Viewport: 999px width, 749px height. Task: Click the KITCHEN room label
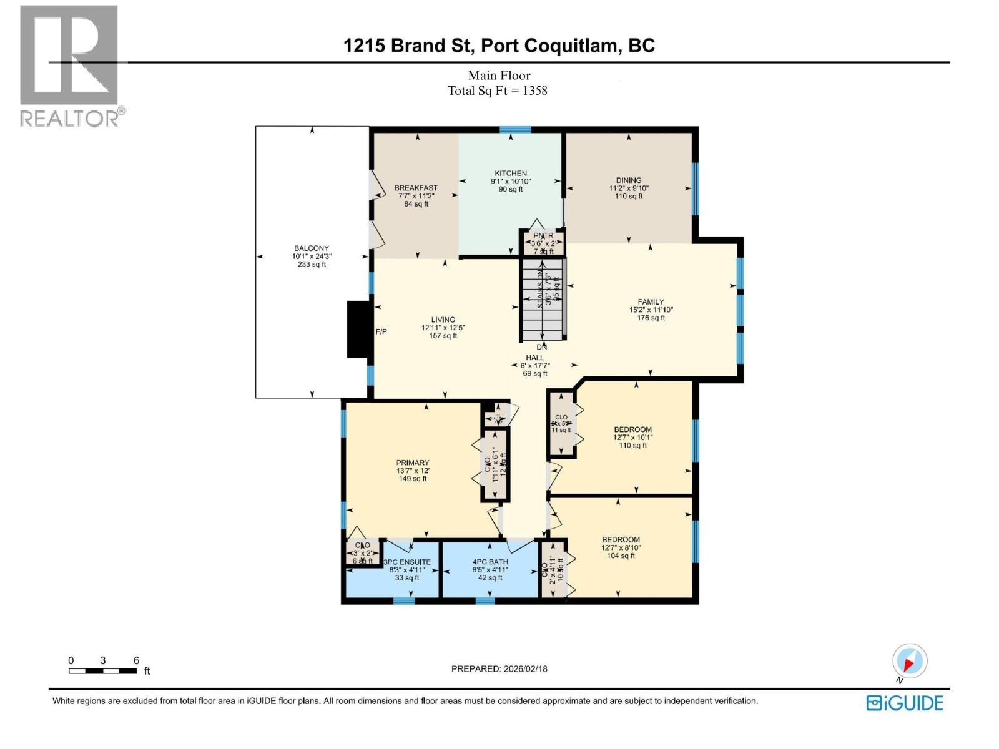[511, 173]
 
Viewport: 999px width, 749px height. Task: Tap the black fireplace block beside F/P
[358, 330]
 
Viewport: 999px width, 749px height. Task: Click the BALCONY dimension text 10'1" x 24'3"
[312, 256]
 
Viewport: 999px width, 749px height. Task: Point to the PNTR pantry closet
[543, 242]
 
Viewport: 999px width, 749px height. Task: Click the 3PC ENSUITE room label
[406, 562]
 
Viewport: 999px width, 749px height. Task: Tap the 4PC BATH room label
[490, 562]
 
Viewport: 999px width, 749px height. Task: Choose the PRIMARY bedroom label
[412, 463]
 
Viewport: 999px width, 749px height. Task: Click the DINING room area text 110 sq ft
[628, 196]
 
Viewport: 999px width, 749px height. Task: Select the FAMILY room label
[651, 301]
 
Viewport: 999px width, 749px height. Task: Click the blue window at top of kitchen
[515, 130]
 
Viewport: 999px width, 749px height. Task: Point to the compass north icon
[910, 661]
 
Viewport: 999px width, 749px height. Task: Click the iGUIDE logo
[905, 703]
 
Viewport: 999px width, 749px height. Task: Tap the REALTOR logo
[70, 66]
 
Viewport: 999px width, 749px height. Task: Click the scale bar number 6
[136, 660]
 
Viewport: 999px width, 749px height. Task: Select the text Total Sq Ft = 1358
[497, 91]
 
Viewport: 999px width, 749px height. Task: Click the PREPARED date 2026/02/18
[524, 668]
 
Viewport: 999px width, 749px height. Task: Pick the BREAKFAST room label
[416, 188]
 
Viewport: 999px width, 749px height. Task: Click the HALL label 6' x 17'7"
[535, 366]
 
